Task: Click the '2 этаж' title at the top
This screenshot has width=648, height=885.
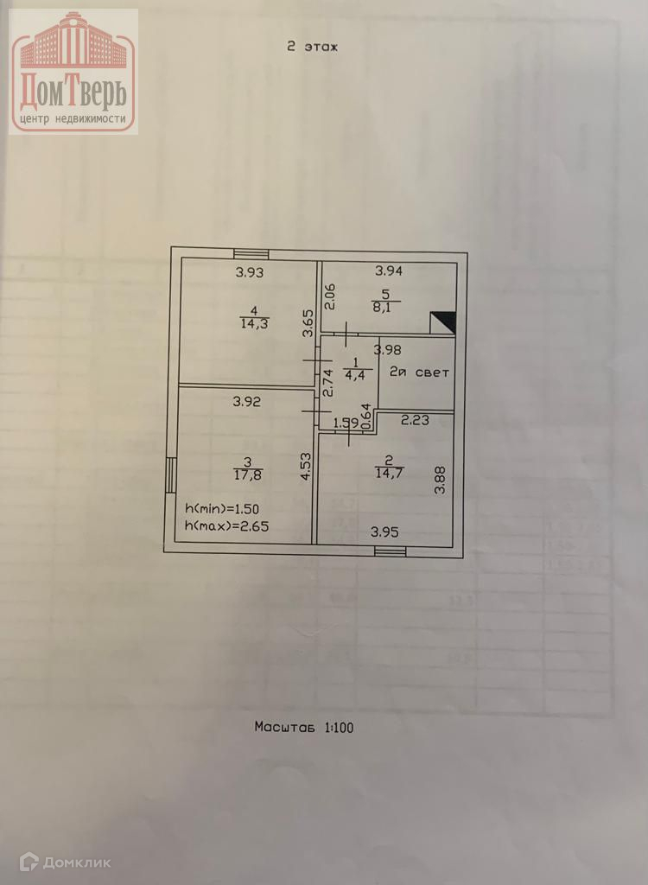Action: click(311, 47)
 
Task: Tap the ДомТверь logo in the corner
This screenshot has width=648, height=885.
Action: click(73, 72)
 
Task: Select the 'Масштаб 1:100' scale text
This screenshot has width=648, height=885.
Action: click(303, 727)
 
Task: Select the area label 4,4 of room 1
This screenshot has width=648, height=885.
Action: click(353, 375)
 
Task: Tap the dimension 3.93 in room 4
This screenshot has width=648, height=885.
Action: click(251, 273)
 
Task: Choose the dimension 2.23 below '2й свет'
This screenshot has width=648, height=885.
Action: click(416, 421)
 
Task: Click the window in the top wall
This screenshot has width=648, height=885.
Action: click(251, 254)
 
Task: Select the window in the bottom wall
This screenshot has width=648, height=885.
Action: click(390, 551)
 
